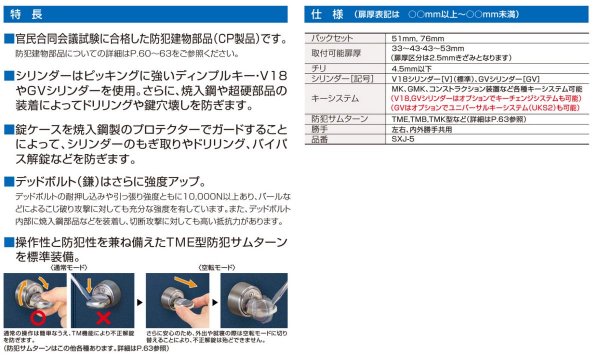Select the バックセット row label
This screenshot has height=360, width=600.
click(x=333, y=37)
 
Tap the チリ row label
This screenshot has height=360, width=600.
click(x=319, y=69)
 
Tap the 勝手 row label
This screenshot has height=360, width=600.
click(x=320, y=129)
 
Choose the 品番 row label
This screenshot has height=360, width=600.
click(x=320, y=139)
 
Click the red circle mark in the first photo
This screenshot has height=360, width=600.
click(x=27, y=300)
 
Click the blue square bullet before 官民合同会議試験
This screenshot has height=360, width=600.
click(x=9, y=38)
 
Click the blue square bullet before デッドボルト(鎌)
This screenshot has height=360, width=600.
click(x=9, y=181)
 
